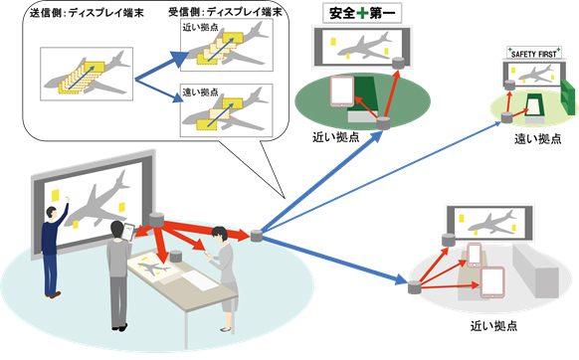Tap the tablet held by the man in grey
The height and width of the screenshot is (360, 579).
click(x=128, y=232)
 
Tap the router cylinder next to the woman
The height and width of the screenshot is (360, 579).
click(x=258, y=236)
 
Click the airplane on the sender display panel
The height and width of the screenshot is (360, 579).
click(x=88, y=78)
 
